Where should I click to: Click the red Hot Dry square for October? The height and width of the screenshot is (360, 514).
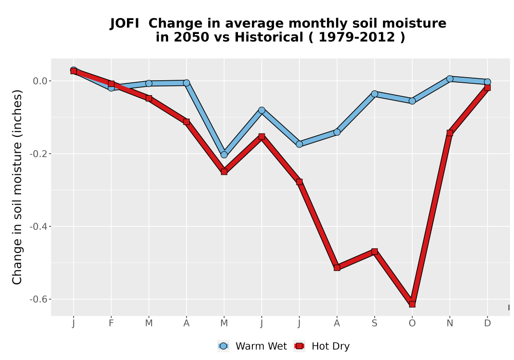tap(412, 304)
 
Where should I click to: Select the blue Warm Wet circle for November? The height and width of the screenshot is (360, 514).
tap(450, 79)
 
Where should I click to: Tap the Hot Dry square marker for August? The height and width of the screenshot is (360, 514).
tap(337, 267)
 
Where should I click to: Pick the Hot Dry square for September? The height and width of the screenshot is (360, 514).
tap(375, 251)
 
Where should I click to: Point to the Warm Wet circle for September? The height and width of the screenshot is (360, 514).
tap(375, 94)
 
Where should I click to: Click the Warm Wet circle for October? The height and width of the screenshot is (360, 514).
tap(412, 101)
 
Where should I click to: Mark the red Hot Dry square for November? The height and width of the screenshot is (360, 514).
tap(450, 133)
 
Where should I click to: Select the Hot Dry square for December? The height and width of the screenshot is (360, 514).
tap(487, 87)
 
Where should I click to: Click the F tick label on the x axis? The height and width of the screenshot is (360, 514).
tap(111, 323)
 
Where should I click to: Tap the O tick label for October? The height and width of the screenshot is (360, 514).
tap(412, 323)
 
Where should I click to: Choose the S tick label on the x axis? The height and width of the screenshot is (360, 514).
tap(375, 323)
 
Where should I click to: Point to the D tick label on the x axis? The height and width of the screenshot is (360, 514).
tap(487, 323)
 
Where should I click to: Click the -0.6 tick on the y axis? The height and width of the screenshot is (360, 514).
tap(39, 299)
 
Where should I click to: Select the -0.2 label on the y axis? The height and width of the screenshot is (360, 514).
tap(39, 154)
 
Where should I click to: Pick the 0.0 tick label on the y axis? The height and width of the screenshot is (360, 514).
tap(40, 81)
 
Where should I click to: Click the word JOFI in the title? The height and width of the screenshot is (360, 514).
tap(124, 24)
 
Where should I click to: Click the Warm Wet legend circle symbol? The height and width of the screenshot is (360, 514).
tap(223, 346)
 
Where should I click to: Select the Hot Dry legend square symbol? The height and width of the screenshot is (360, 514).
tap(299, 346)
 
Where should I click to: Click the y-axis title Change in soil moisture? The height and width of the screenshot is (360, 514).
tap(17, 187)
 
